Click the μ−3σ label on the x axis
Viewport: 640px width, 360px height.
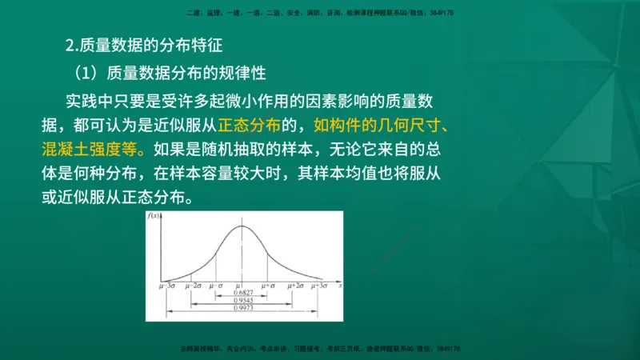point(168,286)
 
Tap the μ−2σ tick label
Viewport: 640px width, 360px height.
point(193,286)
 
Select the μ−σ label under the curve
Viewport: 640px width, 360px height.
point(214,286)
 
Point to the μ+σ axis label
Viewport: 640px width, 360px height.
point(267,286)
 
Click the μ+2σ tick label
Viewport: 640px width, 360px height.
point(294,286)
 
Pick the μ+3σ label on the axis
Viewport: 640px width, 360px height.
point(319,286)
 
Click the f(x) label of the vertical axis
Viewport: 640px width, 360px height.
point(151,217)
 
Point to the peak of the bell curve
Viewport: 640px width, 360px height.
point(242,226)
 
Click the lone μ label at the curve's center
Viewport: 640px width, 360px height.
point(239,286)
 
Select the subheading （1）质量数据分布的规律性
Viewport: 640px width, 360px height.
point(170,72)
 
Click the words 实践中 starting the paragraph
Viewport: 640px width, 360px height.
point(89,102)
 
